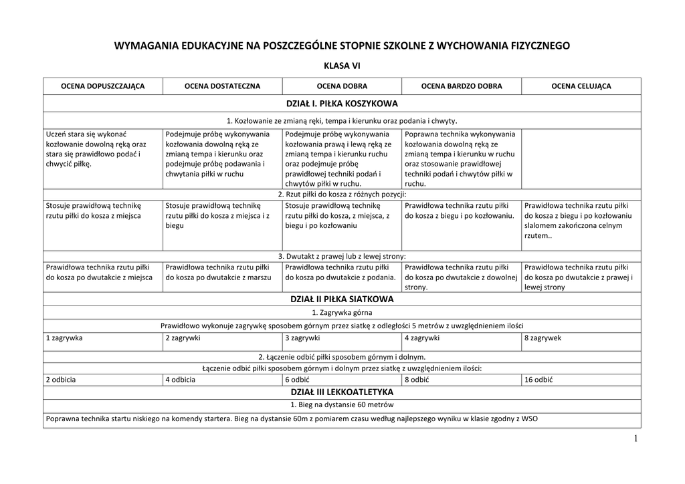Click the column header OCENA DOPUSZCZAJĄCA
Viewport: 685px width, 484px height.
pyautogui.click(x=103, y=86)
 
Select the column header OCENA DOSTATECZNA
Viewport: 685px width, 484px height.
pyautogui.click(x=223, y=86)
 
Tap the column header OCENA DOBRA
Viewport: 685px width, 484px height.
pyautogui.click(x=342, y=86)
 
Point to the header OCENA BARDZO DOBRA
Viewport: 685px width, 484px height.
pyautogui.click(x=462, y=86)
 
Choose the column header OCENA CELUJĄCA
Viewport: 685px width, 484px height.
pyautogui.click(x=581, y=86)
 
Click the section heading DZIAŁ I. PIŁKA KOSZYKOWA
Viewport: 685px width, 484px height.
pyautogui.click(x=342, y=104)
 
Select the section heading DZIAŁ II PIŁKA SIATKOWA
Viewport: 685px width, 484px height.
pyautogui.click(x=342, y=299)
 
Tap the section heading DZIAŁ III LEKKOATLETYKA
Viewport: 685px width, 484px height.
pyautogui.click(x=342, y=392)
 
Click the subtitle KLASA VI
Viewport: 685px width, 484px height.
pyautogui.click(x=342, y=66)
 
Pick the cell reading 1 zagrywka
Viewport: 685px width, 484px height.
pyautogui.click(x=64, y=338)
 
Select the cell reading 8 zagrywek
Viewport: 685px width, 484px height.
pyautogui.click(x=543, y=338)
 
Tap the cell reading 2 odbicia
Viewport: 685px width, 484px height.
pyautogui.click(x=61, y=380)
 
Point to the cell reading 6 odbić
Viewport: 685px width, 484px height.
pyautogui.click(x=297, y=380)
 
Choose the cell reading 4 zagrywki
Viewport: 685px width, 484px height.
pyautogui.click(x=421, y=338)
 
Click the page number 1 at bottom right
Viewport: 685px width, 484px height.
pyautogui.click(x=635, y=439)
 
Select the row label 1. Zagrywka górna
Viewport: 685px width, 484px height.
pyautogui.click(x=342, y=312)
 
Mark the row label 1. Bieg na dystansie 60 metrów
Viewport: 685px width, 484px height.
pyautogui.click(x=342, y=404)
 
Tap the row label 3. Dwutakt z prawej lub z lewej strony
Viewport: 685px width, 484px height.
pyautogui.click(x=342, y=256)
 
